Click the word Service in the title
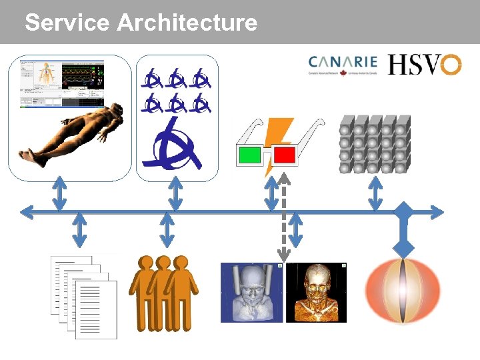click(66, 23)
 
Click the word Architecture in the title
click(187, 23)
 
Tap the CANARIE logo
click(343, 64)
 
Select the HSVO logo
click(425, 64)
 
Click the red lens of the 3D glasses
click(284, 155)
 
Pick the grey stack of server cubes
click(374, 143)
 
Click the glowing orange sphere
click(403, 291)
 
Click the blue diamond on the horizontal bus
click(403, 213)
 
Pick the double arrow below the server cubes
click(375, 194)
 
